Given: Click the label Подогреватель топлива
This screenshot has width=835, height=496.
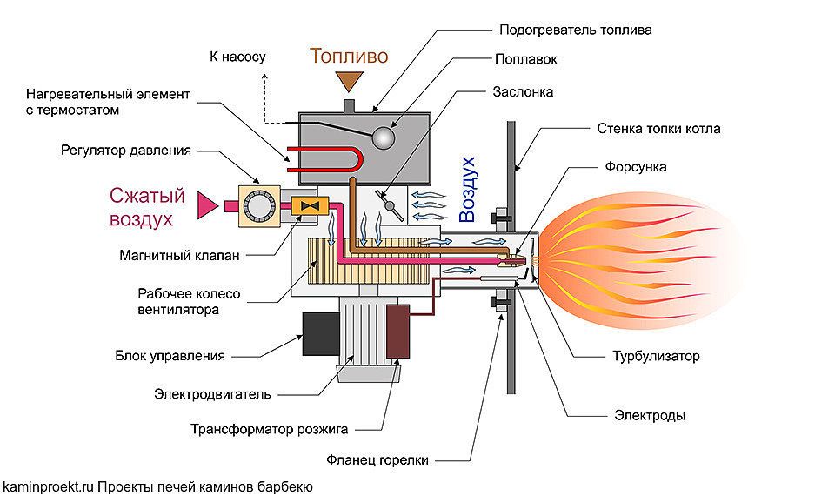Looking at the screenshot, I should [x=576, y=30].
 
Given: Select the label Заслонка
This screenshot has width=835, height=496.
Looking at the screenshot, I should [x=523, y=91].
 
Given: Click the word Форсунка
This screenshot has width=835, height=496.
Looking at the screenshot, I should [x=634, y=167].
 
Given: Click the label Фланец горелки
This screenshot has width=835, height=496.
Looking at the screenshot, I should [x=391, y=459].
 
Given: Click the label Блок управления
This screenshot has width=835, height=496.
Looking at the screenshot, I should [x=170, y=355].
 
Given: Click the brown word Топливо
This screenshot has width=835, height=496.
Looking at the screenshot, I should [x=350, y=57].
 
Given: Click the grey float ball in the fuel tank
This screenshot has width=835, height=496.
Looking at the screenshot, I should [x=382, y=138].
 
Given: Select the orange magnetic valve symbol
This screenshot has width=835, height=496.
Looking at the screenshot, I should [x=307, y=205].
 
